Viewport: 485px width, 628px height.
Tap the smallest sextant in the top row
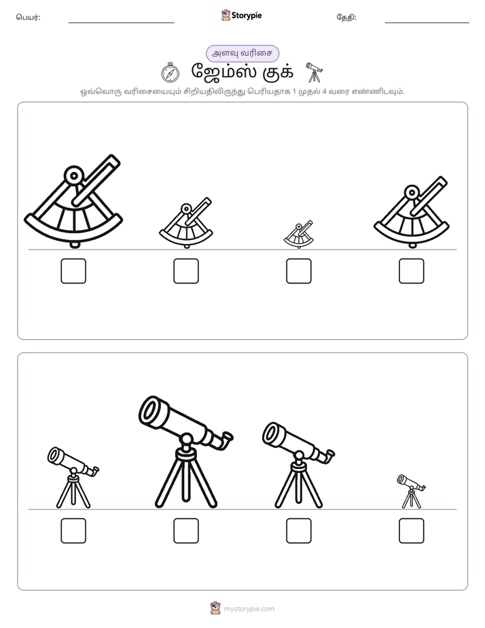(x=298, y=235)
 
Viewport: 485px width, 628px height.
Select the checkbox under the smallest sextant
(x=298, y=271)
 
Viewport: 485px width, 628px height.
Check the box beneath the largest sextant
(x=73, y=271)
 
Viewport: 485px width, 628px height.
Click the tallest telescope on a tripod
(x=185, y=453)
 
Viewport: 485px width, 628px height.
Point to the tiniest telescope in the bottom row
(x=412, y=491)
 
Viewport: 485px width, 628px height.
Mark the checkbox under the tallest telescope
(x=186, y=531)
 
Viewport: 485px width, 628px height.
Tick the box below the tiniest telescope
(x=412, y=531)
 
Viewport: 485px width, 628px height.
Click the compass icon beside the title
(x=170, y=73)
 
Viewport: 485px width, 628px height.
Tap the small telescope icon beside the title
(x=314, y=73)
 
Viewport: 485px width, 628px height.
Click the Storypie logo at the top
(x=241, y=16)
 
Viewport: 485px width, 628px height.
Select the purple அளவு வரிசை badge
(x=242, y=54)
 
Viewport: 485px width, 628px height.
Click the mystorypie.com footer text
(x=249, y=609)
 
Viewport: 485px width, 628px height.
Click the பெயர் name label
(x=28, y=17)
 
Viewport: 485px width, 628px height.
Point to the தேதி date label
(x=346, y=17)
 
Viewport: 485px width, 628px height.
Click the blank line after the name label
(x=121, y=23)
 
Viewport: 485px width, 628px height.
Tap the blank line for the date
(x=427, y=23)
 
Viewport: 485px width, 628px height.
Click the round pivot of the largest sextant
(x=73, y=175)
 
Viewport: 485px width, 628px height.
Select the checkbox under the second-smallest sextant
(x=186, y=271)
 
